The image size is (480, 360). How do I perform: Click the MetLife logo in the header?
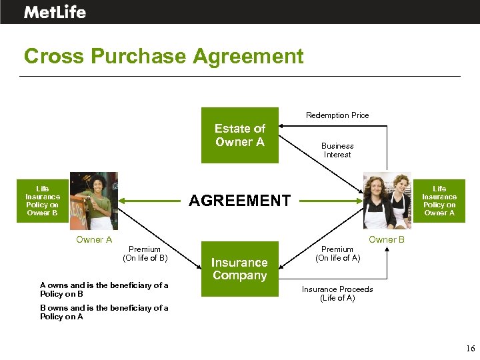point(55,11)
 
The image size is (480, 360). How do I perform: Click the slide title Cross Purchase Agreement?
point(163,56)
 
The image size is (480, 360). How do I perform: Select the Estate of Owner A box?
point(240,135)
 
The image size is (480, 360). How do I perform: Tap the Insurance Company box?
point(239,269)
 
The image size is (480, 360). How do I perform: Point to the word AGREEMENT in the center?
point(240,200)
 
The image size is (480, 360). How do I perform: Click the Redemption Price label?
point(337,115)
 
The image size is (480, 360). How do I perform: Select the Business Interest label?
point(337,150)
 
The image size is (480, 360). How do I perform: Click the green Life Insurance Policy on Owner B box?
point(43,201)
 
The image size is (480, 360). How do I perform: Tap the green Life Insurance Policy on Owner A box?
point(439,201)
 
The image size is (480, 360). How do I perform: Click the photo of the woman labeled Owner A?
point(94,201)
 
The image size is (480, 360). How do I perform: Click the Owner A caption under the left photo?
point(94,240)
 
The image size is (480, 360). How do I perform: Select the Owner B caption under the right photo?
point(387,240)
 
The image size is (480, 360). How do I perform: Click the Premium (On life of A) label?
point(337,253)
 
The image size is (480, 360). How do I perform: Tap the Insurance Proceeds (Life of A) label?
point(337,293)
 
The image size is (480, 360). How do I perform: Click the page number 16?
point(471,349)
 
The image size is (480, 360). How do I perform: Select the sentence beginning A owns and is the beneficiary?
point(104,289)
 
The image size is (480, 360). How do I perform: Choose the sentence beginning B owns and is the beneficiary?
point(104,312)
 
